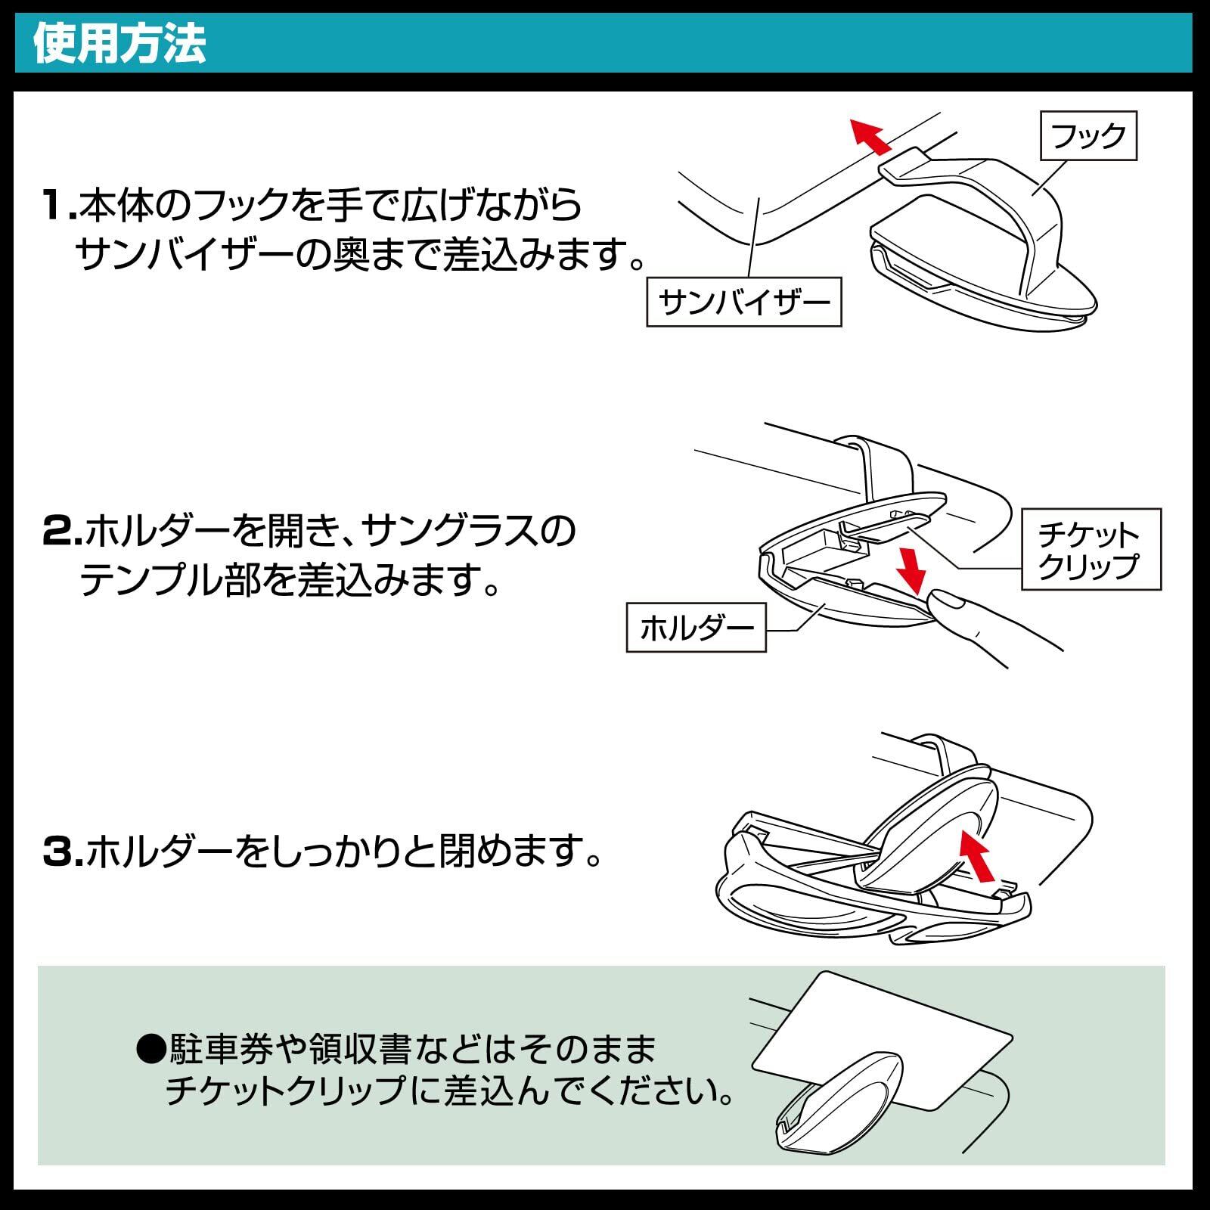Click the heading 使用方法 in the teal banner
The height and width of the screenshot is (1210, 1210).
119,45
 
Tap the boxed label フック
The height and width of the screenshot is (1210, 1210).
1088,136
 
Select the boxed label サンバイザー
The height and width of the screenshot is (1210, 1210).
744,302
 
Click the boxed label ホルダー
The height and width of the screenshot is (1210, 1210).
696,627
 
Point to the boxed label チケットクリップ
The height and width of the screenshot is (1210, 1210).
1091,549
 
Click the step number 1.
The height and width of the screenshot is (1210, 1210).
57,206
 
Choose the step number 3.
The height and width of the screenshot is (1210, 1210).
60,853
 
